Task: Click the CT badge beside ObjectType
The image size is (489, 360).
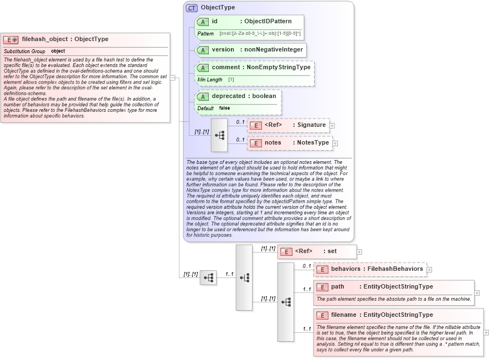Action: tap(192, 8)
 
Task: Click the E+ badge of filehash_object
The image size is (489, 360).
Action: tap(11, 39)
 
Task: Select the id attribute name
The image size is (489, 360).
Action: tap(214, 22)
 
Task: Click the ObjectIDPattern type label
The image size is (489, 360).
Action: tap(268, 22)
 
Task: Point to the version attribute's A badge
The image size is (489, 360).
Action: tap(203, 50)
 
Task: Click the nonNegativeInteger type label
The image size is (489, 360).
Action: tap(274, 50)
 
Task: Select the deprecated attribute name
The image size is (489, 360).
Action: tap(228, 96)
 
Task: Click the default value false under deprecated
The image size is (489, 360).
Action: tap(224, 108)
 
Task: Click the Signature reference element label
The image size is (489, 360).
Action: tap(312, 125)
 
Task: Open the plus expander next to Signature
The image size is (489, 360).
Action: tap(332, 126)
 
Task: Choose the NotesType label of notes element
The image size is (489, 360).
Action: tap(313, 143)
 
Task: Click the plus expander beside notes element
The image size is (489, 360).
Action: tap(335, 143)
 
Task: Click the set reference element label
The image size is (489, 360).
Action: tap(332, 251)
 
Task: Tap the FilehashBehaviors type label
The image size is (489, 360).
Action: tap(395, 269)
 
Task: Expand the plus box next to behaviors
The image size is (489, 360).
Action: tap(429, 270)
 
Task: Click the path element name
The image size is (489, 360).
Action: tap(337, 287)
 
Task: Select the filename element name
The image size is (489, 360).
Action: tap(343, 315)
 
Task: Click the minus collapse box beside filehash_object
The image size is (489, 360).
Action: tap(172, 78)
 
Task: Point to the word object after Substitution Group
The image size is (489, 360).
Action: tap(58, 52)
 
